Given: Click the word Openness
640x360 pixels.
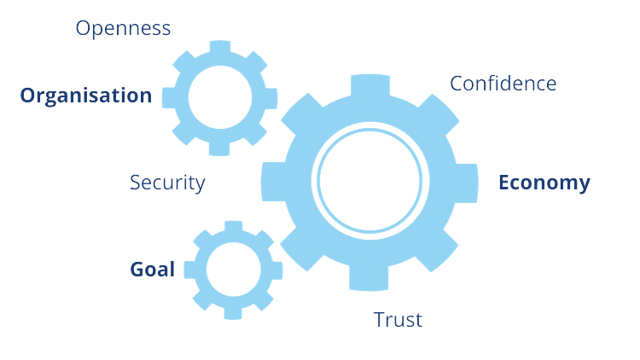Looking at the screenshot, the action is (123, 28).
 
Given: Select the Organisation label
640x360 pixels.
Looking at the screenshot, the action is (86, 95).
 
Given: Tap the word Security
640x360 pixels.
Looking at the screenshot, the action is (167, 182).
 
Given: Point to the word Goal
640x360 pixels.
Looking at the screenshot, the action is (153, 270).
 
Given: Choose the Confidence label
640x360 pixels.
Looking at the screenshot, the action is (503, 84).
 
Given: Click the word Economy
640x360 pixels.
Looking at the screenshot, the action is (544, 183).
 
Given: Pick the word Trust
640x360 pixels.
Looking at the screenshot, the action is (397, 320).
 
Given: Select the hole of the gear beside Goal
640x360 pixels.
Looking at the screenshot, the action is (230, 270).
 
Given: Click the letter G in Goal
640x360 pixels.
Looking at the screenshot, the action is (137, 270).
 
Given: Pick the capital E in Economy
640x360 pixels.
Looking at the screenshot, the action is (504, 183).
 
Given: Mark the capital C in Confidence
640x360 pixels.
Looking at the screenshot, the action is (457, 84).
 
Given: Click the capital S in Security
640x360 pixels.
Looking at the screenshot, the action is (135, 182).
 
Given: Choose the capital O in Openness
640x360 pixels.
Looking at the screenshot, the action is (84, 28).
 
